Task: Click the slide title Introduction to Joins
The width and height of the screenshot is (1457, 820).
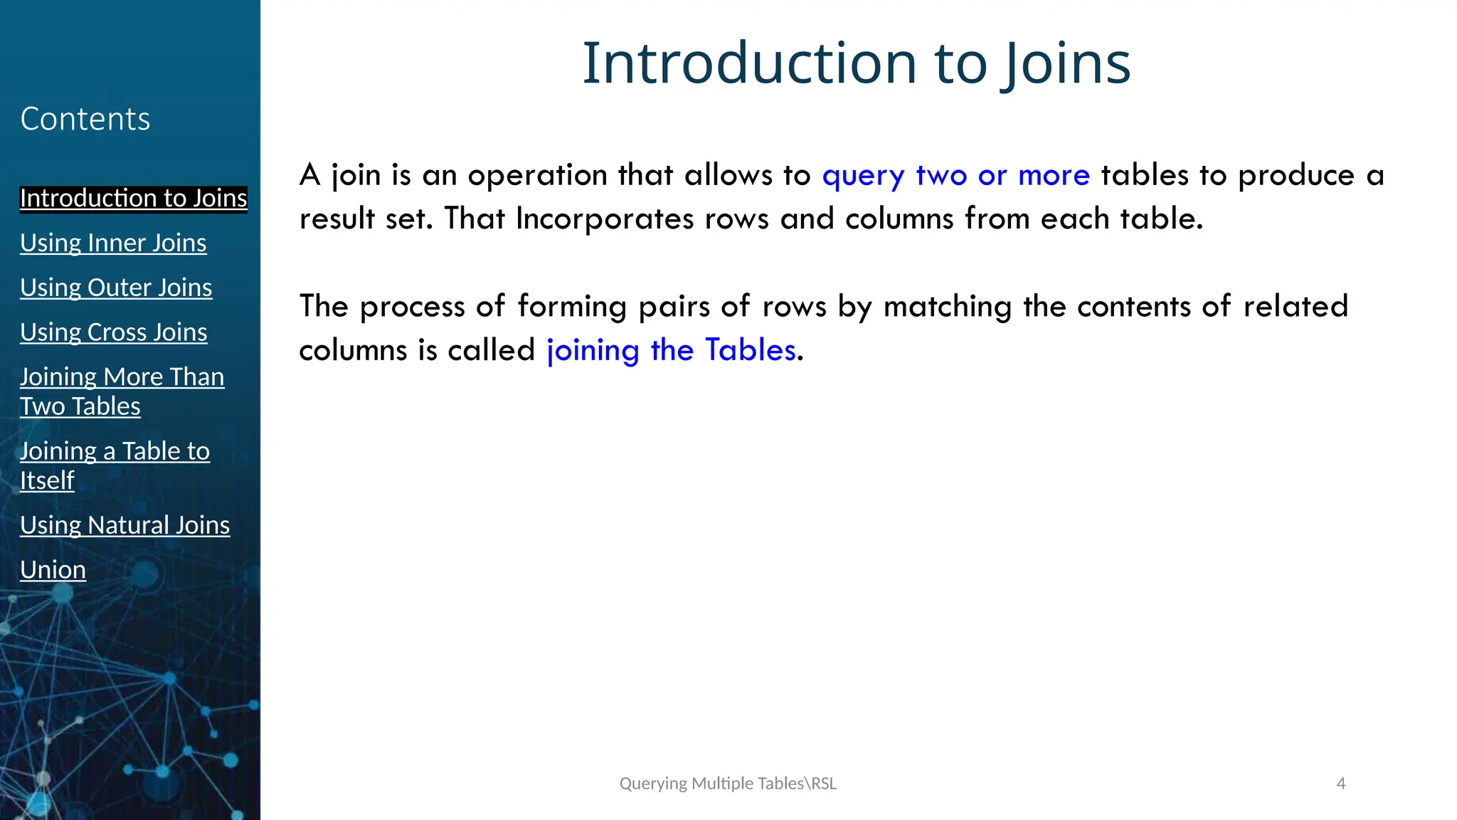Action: [x=856, y=63]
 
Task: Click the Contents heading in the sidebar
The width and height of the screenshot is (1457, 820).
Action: [x=85, y=119]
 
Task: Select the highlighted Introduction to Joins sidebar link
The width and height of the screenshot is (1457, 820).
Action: [x=133, y=198]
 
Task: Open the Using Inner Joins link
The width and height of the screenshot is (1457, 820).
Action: [x=113, y=243]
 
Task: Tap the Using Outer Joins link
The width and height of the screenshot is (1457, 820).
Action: [x=116, y=288]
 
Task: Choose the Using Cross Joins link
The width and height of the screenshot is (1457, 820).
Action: [x=114, y=332]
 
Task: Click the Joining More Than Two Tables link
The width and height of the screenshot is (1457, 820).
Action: [x=122, y=391]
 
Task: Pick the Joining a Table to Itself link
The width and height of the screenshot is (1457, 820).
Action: [x=115, y=466]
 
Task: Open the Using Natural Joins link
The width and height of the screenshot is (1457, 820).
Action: [x=124, y=525]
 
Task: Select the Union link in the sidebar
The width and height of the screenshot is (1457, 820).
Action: [x=53, y=569]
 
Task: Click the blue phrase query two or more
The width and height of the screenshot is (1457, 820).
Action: [x=955, y=176]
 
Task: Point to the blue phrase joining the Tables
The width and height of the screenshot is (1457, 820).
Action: [x=671, y=350]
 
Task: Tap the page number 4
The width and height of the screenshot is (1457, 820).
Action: [x=1341, y=784]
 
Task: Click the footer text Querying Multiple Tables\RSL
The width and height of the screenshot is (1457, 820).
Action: [x=728, y=784]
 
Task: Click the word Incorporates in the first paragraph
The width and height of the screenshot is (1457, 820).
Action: [x=604, y=219]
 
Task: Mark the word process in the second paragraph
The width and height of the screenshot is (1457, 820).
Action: [x=412, y=307]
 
